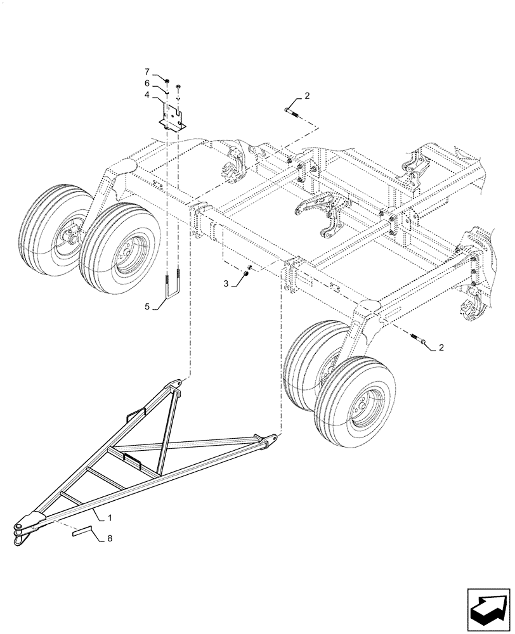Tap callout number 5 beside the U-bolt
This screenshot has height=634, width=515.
tap(147, 307)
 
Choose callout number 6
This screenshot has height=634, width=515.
tap(147, 84)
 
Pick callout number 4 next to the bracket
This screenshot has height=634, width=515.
tap(147, 94)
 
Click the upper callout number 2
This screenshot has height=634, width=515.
tap(307, 96)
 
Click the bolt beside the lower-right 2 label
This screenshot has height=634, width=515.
tap(419, 340)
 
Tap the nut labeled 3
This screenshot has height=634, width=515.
tap(245, 274)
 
